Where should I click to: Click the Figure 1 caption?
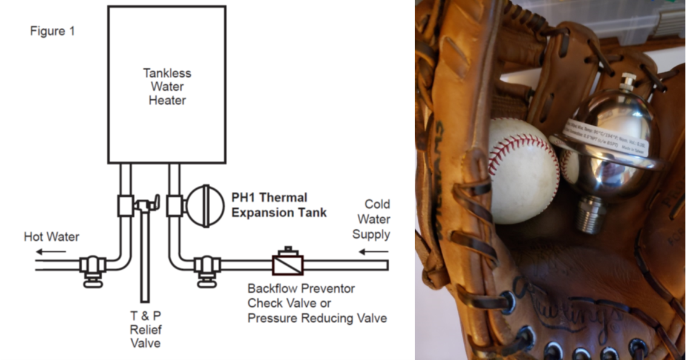click(x=52, y=31)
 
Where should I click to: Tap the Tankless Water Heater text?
click(x=167, y=87)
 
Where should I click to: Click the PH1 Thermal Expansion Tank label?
click(x=279, y=205)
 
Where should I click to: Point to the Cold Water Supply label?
click(x=371, y=219)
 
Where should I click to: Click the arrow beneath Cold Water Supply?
click(x=375, y=250)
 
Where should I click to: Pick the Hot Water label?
click(x=51, y=237)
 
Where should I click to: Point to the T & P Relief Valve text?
click(x=145, y=330)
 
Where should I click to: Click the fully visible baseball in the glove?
click(x=523, y=169)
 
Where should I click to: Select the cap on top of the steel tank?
click(x=628, y=79)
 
